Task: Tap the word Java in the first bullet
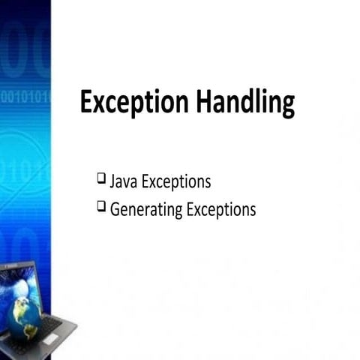click(x=124, y=181)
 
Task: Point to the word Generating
click(x=144, y=209)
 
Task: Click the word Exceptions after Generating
click(x=219, y=209)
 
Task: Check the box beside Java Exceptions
click(x=101, y=179)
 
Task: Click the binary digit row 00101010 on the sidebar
click(x=25, y=96)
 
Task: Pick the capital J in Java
click(x=113, y=181)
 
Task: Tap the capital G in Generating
click(x=115, y=209)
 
